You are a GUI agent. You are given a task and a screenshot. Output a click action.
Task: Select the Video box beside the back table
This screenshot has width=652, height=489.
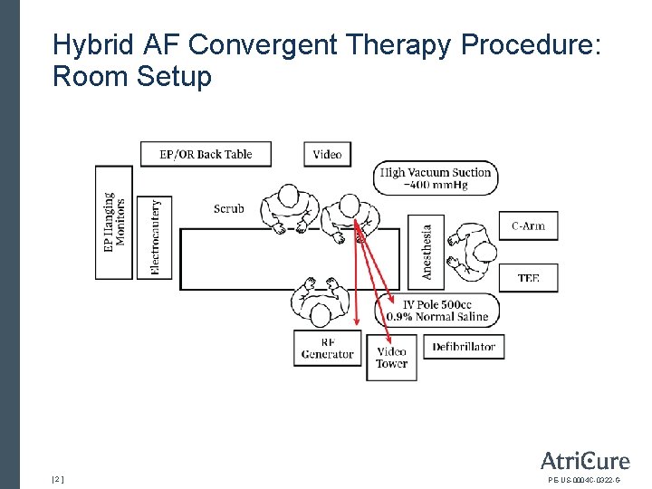coord(327,154)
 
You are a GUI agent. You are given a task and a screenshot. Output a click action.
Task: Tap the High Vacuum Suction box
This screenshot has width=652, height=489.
coord(436,178)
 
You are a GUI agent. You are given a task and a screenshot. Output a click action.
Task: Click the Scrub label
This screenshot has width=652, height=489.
coord(229,209)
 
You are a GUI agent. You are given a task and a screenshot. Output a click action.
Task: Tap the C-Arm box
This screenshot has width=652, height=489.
coord(528,225)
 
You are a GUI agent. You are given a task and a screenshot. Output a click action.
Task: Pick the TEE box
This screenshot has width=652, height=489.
coord(528,278)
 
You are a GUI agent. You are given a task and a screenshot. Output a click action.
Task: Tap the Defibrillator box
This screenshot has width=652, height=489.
coord(464,347)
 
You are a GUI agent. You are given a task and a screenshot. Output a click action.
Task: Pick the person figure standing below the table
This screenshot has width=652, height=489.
coord(318,302)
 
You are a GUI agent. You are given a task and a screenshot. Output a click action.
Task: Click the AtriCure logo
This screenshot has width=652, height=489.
coord(584,460)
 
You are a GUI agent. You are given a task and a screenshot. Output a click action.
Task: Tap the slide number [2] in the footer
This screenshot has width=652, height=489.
coord(58,478)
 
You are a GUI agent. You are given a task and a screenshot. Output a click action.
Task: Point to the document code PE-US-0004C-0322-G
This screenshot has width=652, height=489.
coord(584,479)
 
